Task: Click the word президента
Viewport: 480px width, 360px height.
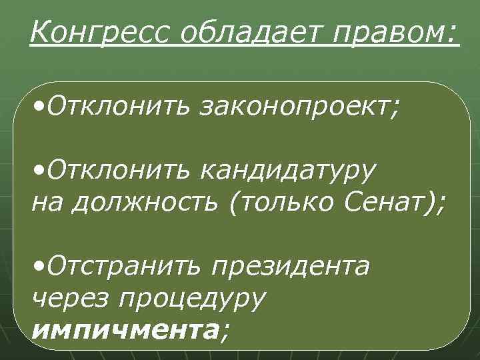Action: click(291, 266)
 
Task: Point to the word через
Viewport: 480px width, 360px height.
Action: click(69, 297)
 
